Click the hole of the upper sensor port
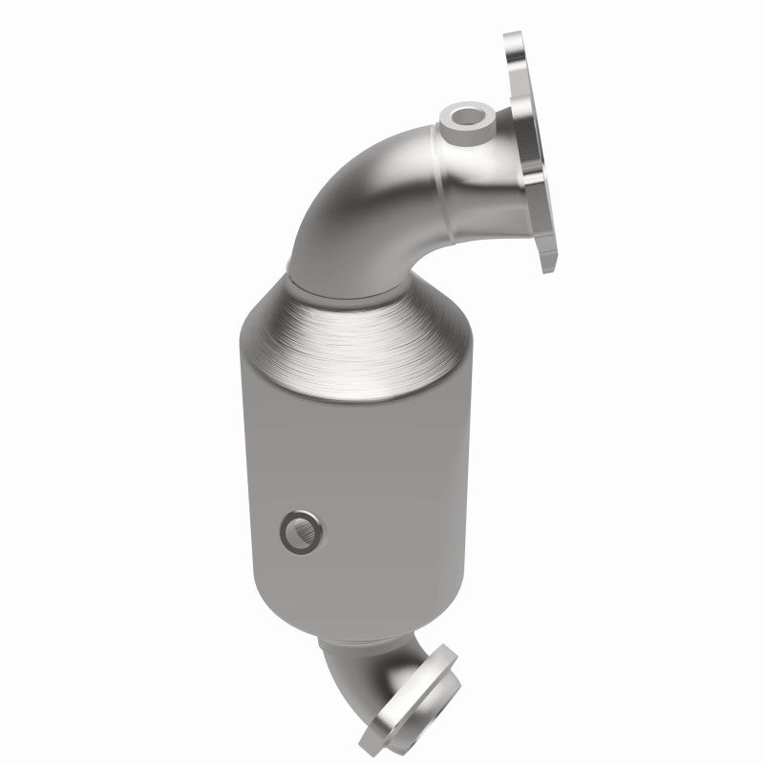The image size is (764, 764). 469,118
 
